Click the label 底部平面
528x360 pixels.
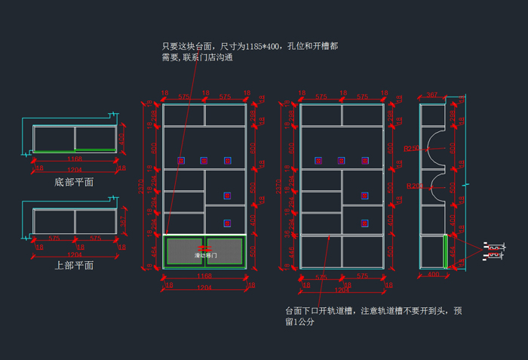pyautogui.click(x=74, y=182)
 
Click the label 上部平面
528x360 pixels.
pyautogui.click(x=74, y=265)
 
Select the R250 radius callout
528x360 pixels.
pyautogui.click(x=412, y=149)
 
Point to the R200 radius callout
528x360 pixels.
pyautogui.click(x=414, y=186)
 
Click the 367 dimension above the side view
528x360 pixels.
pyautogui.click(x=432, y=95)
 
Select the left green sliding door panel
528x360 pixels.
pyautogui.click(x=185, y=251)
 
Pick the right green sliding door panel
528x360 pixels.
pyautogui.click(x=224, y=251)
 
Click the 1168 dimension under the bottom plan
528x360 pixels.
pyautogui.click(x=74, y=159)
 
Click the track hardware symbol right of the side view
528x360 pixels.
pyautogui.click(x=493, y=251)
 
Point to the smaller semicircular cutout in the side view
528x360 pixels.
pyautogui.click(x=437, y=190)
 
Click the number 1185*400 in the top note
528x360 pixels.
pyautogui.click(x=262, y=46)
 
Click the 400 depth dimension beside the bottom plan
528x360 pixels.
pyautogui.click(x=122, y=139)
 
